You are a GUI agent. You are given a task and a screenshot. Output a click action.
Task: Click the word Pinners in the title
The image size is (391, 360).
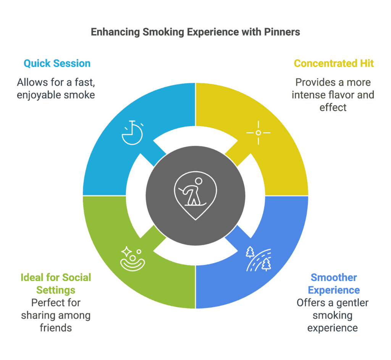tap(282, 32)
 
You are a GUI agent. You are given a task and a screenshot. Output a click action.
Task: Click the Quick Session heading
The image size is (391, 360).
tap(57, 63)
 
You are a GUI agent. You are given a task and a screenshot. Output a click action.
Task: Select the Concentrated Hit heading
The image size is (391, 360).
tap(334, 63)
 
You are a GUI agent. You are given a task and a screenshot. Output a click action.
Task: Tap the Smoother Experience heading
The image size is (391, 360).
tap(334, 284)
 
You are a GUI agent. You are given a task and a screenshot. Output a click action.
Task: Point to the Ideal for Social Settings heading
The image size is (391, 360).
tap(56, 284)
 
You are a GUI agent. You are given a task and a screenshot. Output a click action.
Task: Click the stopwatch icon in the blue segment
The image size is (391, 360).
tap(132, 133)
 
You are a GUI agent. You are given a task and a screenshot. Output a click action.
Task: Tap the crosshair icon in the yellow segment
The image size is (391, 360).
tap(259, 133)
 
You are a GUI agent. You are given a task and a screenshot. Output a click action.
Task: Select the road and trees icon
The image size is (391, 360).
tap(259, 259)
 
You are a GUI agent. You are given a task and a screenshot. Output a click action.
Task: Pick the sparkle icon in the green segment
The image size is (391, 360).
tap(132, 259)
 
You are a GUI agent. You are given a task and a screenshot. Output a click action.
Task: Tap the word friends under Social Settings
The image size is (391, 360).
tap(56, 328)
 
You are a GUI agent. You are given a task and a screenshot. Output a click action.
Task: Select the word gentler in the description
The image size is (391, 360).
tap(352, 303)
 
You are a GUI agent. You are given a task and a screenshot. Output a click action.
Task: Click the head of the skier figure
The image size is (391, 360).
tap(199, 181)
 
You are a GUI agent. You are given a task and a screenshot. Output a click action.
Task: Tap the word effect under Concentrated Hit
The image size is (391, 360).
tap(333, 108)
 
